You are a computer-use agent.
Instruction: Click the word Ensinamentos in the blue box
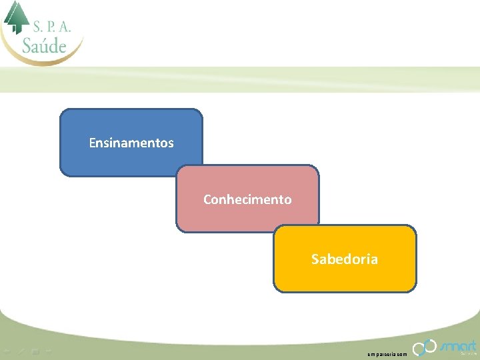tap(131, 143)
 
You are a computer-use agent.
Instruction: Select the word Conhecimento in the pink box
tap(247, 199)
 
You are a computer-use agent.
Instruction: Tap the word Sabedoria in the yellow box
tap(344, 259)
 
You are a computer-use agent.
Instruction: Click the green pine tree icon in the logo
tap(17, 17)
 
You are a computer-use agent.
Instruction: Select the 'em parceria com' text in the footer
tap(386, 353)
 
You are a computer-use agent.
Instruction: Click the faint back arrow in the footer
tap(7, 349)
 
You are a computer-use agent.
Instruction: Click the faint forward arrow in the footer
tap(49, 349)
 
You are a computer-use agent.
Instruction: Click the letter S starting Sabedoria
tap(315, 259)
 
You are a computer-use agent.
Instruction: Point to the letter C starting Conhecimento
tap(207, 199)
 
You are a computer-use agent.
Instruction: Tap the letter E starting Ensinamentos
tap(92, 143)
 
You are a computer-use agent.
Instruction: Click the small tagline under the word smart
tap(464, 353)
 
